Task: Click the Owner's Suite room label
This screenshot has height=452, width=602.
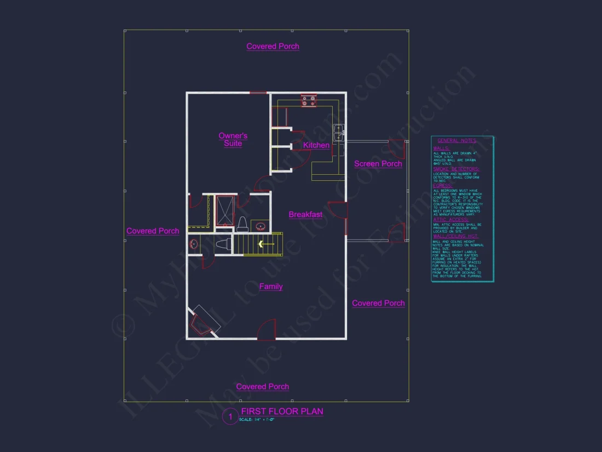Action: click(233, 140)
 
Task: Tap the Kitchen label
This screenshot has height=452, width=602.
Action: click(316, 145)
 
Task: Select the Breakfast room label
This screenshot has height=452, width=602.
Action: click(305, 215)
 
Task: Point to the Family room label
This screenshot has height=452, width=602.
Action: click(271, 287)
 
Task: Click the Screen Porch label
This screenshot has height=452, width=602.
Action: click(378, 164)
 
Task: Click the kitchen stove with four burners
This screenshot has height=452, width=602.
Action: click(308, 101)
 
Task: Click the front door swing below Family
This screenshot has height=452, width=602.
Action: click(267, 330)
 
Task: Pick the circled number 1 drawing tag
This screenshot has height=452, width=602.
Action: click(230, 417)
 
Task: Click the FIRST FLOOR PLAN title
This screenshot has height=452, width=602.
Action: click(282, 411)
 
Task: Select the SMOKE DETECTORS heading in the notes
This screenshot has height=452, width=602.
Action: click(456, 169)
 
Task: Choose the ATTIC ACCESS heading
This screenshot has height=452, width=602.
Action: click(450, 220)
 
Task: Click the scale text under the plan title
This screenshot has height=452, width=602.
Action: click(256, 420)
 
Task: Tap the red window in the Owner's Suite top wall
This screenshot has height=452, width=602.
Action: click(258, 93)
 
